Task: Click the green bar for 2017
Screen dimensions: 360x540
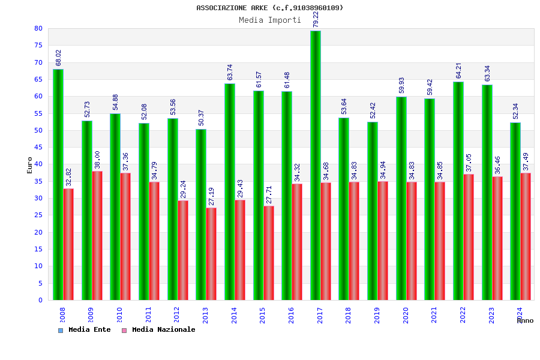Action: (x=316, y=165)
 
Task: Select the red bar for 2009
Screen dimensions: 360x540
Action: (x=97, y=235)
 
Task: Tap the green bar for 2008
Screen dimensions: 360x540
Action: (x=58, y=184)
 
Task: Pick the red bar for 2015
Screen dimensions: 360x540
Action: (x=269, y=253)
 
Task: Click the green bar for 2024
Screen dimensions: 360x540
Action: (x=515, y=211)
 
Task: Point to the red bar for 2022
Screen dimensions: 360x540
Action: (x=469, y=237)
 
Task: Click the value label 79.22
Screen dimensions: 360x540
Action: (x=316, y=19)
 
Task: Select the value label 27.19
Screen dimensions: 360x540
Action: (x=212, y=196)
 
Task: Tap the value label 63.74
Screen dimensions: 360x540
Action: (x=230, y=72)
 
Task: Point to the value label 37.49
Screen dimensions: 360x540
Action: (x=526, y=161)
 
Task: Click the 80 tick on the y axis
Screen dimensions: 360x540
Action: (x=38, y=29)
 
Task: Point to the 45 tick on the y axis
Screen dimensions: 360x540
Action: (x=38, y=147)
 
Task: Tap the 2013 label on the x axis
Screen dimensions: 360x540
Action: (x=206, y=315)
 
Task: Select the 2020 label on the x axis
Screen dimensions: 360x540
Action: (x=406, y=315)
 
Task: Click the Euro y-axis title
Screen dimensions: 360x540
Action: (x=30, y=165)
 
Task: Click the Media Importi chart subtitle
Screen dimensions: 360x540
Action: (x=270, y=20)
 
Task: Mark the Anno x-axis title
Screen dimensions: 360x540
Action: (x=525, y=321)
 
